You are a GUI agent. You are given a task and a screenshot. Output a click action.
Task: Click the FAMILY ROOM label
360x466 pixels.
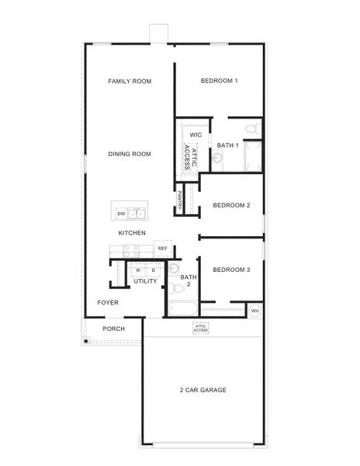[130, 81]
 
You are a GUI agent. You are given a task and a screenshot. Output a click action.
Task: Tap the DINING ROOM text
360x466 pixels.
[130, 154]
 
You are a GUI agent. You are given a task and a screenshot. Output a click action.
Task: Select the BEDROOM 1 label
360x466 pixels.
[219, 81]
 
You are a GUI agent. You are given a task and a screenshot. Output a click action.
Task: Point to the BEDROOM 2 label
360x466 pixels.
[231, 205]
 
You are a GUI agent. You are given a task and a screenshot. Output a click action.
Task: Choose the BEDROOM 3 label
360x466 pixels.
[231, 270]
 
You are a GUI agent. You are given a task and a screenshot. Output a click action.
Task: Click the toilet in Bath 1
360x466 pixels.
[251, 128]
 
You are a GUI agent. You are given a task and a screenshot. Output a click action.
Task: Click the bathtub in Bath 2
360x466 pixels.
[184, 310]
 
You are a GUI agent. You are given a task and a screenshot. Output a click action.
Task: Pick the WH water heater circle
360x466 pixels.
[255, 311]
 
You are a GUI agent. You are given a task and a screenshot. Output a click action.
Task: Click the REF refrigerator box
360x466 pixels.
[163, 249]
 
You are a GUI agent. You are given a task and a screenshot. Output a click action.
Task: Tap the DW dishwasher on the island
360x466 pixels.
[121, 213]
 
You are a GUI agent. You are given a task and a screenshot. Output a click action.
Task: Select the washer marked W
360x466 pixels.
[138, 270]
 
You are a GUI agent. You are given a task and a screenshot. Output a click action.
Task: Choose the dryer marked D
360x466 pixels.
[153, 270]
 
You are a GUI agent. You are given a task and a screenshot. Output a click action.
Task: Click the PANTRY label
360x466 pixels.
[181, 199]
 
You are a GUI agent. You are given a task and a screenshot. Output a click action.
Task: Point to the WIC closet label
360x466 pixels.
[196, 134]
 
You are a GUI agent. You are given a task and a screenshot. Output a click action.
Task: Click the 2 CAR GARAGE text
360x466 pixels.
[202, 390]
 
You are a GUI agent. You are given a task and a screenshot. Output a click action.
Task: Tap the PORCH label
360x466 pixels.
[113, 329]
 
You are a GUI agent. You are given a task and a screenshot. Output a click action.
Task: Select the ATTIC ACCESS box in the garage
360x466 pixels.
[201, 329]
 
